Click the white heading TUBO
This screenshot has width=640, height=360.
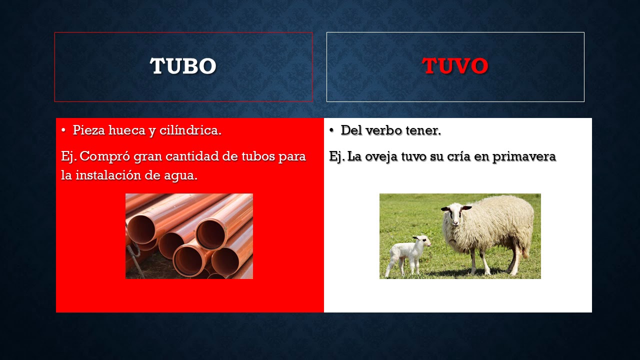click(x=183, y=66)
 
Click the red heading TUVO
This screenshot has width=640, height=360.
click(x=455, y=66)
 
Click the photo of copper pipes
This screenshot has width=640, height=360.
click(x=189, y=236)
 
